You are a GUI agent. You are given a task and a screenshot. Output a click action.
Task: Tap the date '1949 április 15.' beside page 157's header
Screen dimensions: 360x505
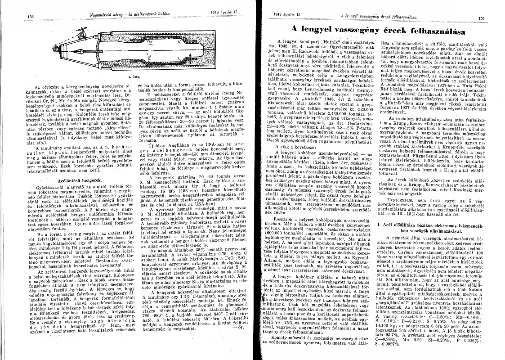click(287, 14)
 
